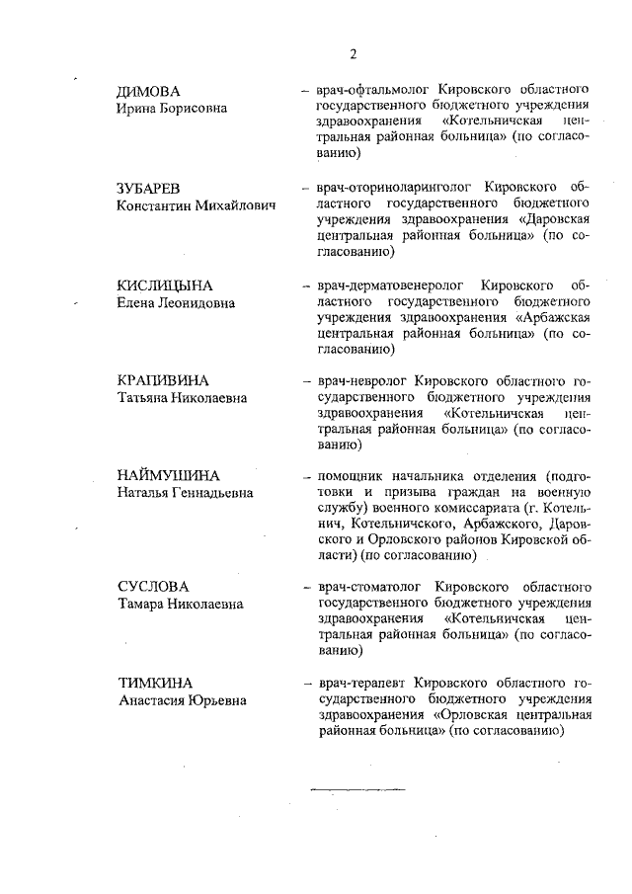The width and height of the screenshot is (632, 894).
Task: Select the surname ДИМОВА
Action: pos(148,91)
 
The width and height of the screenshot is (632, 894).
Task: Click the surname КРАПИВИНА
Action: pos(163,380)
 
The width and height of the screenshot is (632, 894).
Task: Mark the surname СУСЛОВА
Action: pos(152,586)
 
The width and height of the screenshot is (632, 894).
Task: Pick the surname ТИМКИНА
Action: pos(154,683)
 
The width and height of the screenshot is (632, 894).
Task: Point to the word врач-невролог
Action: pos(360,380)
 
